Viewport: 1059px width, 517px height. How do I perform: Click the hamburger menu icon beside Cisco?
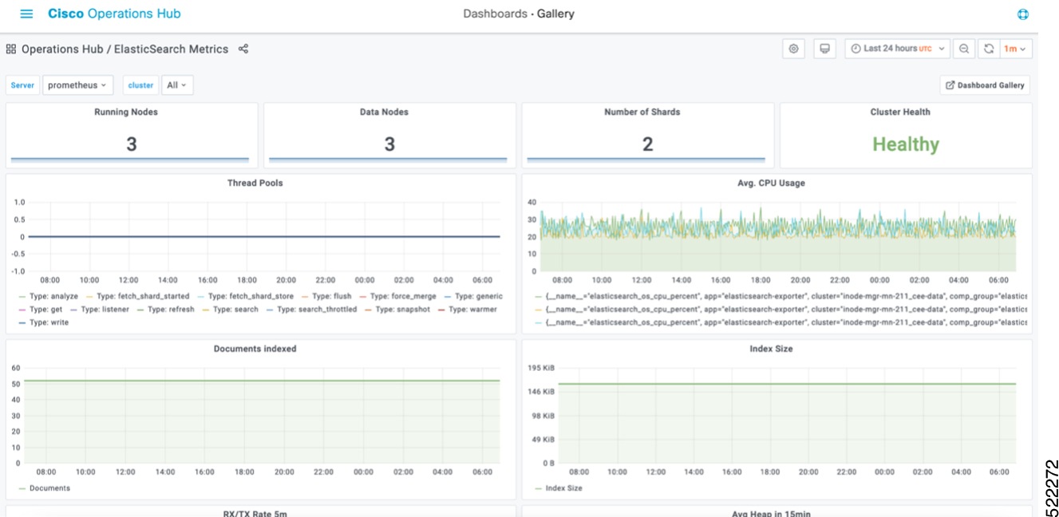point(26,14)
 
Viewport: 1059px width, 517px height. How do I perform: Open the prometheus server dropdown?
point(77,85)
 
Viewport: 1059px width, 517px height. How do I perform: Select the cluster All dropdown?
point(177,85)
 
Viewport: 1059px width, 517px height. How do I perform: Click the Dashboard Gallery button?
point(986,85)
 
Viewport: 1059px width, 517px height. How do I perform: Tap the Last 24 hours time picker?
point(897,49)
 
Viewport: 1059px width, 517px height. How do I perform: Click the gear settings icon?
point(793,49)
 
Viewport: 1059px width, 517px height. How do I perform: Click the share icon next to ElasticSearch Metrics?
point(243,49)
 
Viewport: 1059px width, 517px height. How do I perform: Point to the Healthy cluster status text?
point(905,144)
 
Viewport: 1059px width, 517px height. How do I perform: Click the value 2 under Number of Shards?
point(647,144)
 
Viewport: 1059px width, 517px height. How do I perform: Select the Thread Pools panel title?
point(255,183)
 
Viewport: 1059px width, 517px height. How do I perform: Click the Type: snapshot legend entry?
point(402,310)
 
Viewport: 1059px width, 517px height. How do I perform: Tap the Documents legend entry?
point(49,488)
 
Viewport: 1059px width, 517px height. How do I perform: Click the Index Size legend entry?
point(563,488)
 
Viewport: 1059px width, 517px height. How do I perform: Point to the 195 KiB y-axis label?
point(541,368)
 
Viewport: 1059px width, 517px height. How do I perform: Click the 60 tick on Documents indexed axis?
point(15,368)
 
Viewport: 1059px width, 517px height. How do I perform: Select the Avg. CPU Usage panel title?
point(772,183)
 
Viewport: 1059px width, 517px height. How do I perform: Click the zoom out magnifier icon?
point(964,49)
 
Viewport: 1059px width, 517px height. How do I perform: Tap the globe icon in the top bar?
point(1024,14)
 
